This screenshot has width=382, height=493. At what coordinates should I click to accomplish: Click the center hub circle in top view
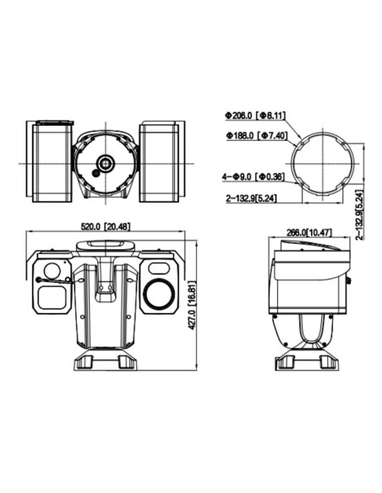point(106,162)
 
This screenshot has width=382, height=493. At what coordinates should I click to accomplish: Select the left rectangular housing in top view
point(52,161)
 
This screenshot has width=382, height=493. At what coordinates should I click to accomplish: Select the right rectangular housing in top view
point(159,161)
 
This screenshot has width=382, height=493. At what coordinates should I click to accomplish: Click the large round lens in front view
point(157,294)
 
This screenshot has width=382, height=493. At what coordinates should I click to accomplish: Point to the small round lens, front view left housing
point(52,272)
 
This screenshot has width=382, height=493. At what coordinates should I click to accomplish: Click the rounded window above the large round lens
point(157,268)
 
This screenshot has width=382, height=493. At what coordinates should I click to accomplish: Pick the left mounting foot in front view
point(85,360)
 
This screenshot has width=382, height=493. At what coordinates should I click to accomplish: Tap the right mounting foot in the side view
point(328,360)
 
